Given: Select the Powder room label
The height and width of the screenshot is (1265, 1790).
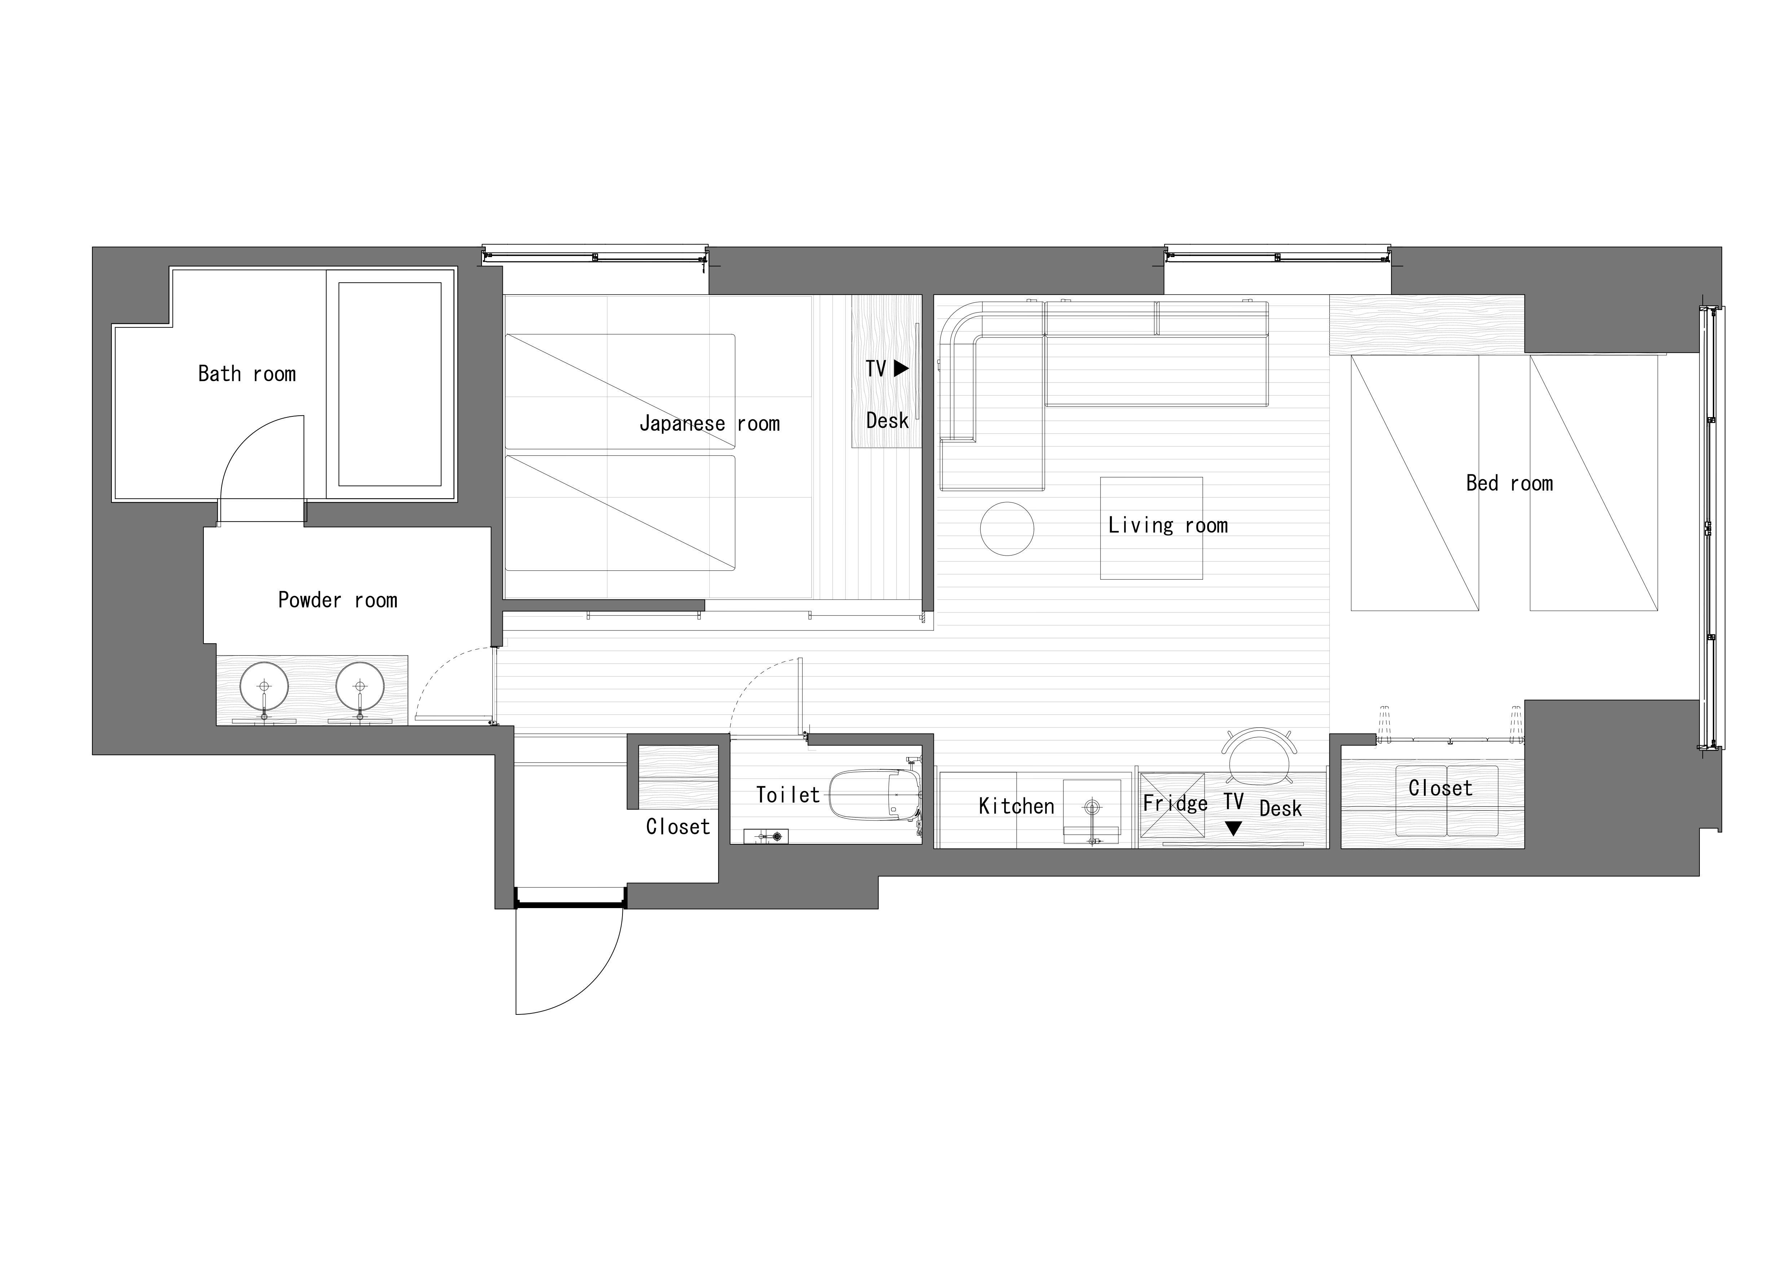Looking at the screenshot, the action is coord(338,600).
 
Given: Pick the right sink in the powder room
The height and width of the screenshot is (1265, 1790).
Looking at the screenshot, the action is coord(360,687).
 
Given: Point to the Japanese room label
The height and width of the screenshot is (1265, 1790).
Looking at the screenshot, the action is coord(709,424).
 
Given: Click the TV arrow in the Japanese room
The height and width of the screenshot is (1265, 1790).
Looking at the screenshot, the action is coord(901,369).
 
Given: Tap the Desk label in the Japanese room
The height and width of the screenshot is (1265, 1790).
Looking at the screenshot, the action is coord(887,421).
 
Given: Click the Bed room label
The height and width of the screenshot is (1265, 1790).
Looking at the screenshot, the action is coord(1509,483).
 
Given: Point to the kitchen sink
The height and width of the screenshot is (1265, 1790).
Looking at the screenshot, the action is coord(1091,811).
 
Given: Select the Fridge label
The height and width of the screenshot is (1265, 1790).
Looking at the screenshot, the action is coord(1175,803).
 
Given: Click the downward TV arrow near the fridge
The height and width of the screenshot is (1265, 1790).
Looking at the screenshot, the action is coord(1232,828).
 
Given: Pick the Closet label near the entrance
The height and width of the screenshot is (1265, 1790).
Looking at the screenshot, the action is coord(677,827).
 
